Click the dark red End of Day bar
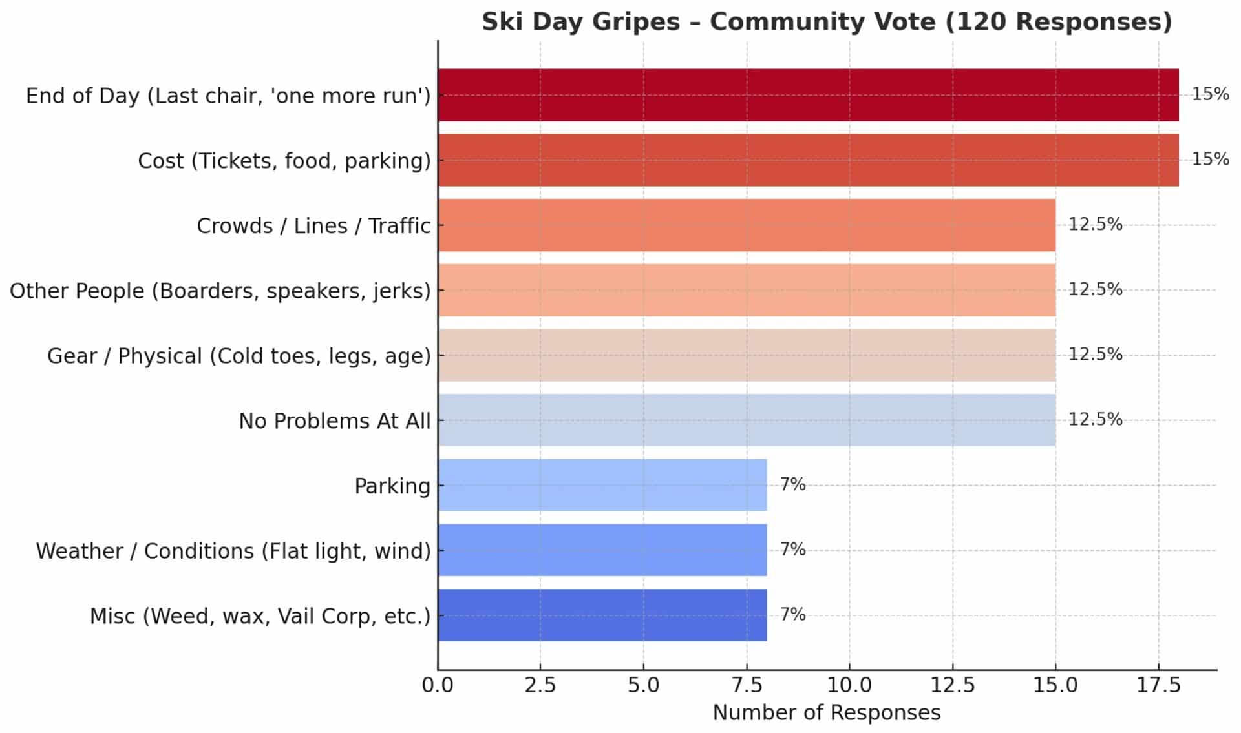point(808,95)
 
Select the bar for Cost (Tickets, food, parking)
point(808,160)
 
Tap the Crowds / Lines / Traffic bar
point(747,225)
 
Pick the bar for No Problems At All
point(747,420)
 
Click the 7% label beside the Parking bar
point(792,484)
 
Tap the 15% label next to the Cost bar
point(1210,159)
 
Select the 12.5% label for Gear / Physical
point(1095,354)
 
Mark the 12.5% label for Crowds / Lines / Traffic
point(1095,224)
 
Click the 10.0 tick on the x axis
point(849,685)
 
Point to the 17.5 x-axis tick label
point(1159,685)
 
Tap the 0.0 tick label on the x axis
point(438,685)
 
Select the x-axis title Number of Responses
point(827,713)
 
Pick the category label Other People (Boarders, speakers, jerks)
point(220,291)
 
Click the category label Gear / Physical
point(239,356)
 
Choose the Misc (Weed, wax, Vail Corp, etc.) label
point(260,616)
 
